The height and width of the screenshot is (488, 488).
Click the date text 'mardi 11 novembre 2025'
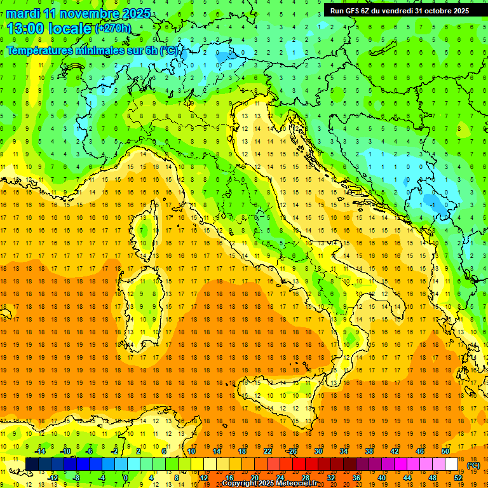[79, 13]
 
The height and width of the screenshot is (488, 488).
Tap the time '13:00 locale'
[50, 28]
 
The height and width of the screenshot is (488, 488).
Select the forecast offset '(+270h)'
[113, 29]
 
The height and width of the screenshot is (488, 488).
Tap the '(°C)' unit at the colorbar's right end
[473, 465]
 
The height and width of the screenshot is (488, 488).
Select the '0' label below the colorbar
[125, 478]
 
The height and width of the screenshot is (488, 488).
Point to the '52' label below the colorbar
[458, 478]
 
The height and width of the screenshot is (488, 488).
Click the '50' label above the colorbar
[445, 451]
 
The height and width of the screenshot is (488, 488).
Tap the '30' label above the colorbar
[318, 451]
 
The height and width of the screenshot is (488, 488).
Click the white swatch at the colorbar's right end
[451, 464]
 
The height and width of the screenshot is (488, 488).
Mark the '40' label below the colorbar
[382, 478]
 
